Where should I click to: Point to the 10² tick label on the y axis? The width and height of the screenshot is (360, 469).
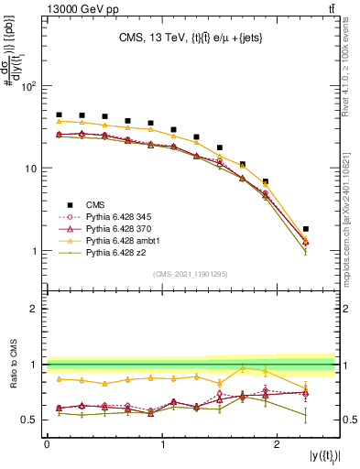(28, 86)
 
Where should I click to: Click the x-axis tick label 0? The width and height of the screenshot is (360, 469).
(47, 442)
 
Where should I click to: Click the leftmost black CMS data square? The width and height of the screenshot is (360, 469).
(59, 115)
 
